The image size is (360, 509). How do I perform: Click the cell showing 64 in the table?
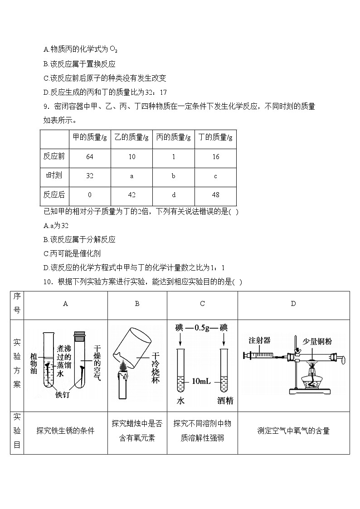pos(89,157)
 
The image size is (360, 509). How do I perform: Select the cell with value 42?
pos(131,195)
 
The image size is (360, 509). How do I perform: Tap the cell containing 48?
pos(215,195)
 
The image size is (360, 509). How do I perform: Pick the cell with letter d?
pos(173,195)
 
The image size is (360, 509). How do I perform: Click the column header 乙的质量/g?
pos(131,137)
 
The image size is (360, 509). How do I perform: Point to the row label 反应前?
pos(54,157)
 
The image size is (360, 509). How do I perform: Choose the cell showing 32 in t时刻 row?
pos(89,176)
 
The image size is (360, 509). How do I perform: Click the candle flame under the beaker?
pos(122,365)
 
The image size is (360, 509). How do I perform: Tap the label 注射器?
pos(259,340)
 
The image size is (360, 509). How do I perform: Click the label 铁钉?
pos(64,395)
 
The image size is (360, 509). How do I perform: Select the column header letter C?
pos(202,304)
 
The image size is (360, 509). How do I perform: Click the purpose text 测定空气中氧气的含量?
pos(293,431)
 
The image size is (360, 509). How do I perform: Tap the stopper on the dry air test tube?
pos(80,336)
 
